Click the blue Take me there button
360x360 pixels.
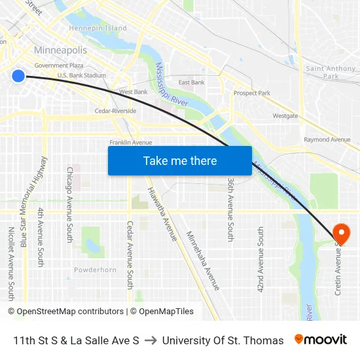click(180, 161)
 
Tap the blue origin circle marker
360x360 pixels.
click(18, 77)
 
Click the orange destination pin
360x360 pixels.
click(341, 232)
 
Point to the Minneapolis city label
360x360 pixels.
click(60, 50)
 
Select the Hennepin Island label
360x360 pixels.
click(98, 28)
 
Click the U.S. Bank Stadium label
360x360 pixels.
click(82, 75)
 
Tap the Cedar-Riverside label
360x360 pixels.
click(115, 111)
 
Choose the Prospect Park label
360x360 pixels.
click(252, 93)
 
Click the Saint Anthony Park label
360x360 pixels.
click(331, 72)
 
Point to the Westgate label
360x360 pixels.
click(285, 116)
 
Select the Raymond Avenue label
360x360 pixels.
click(327, 139)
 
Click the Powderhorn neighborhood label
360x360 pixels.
click(95, 270)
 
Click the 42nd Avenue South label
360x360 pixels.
click(261, 259)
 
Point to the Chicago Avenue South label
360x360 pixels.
click(70, 204)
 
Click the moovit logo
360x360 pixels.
click(321, 340)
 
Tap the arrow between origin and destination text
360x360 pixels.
click(151, 340)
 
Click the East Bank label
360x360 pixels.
click(192, 82)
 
